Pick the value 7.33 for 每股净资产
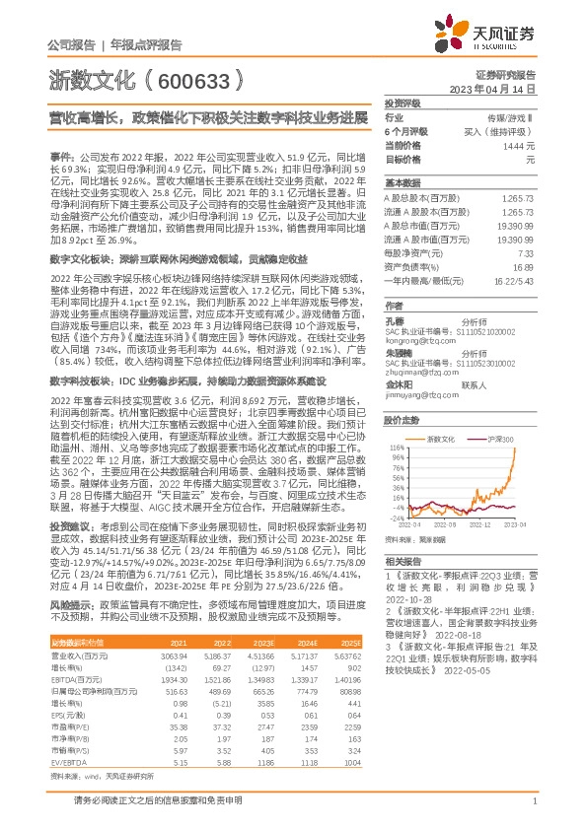point(528,253)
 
